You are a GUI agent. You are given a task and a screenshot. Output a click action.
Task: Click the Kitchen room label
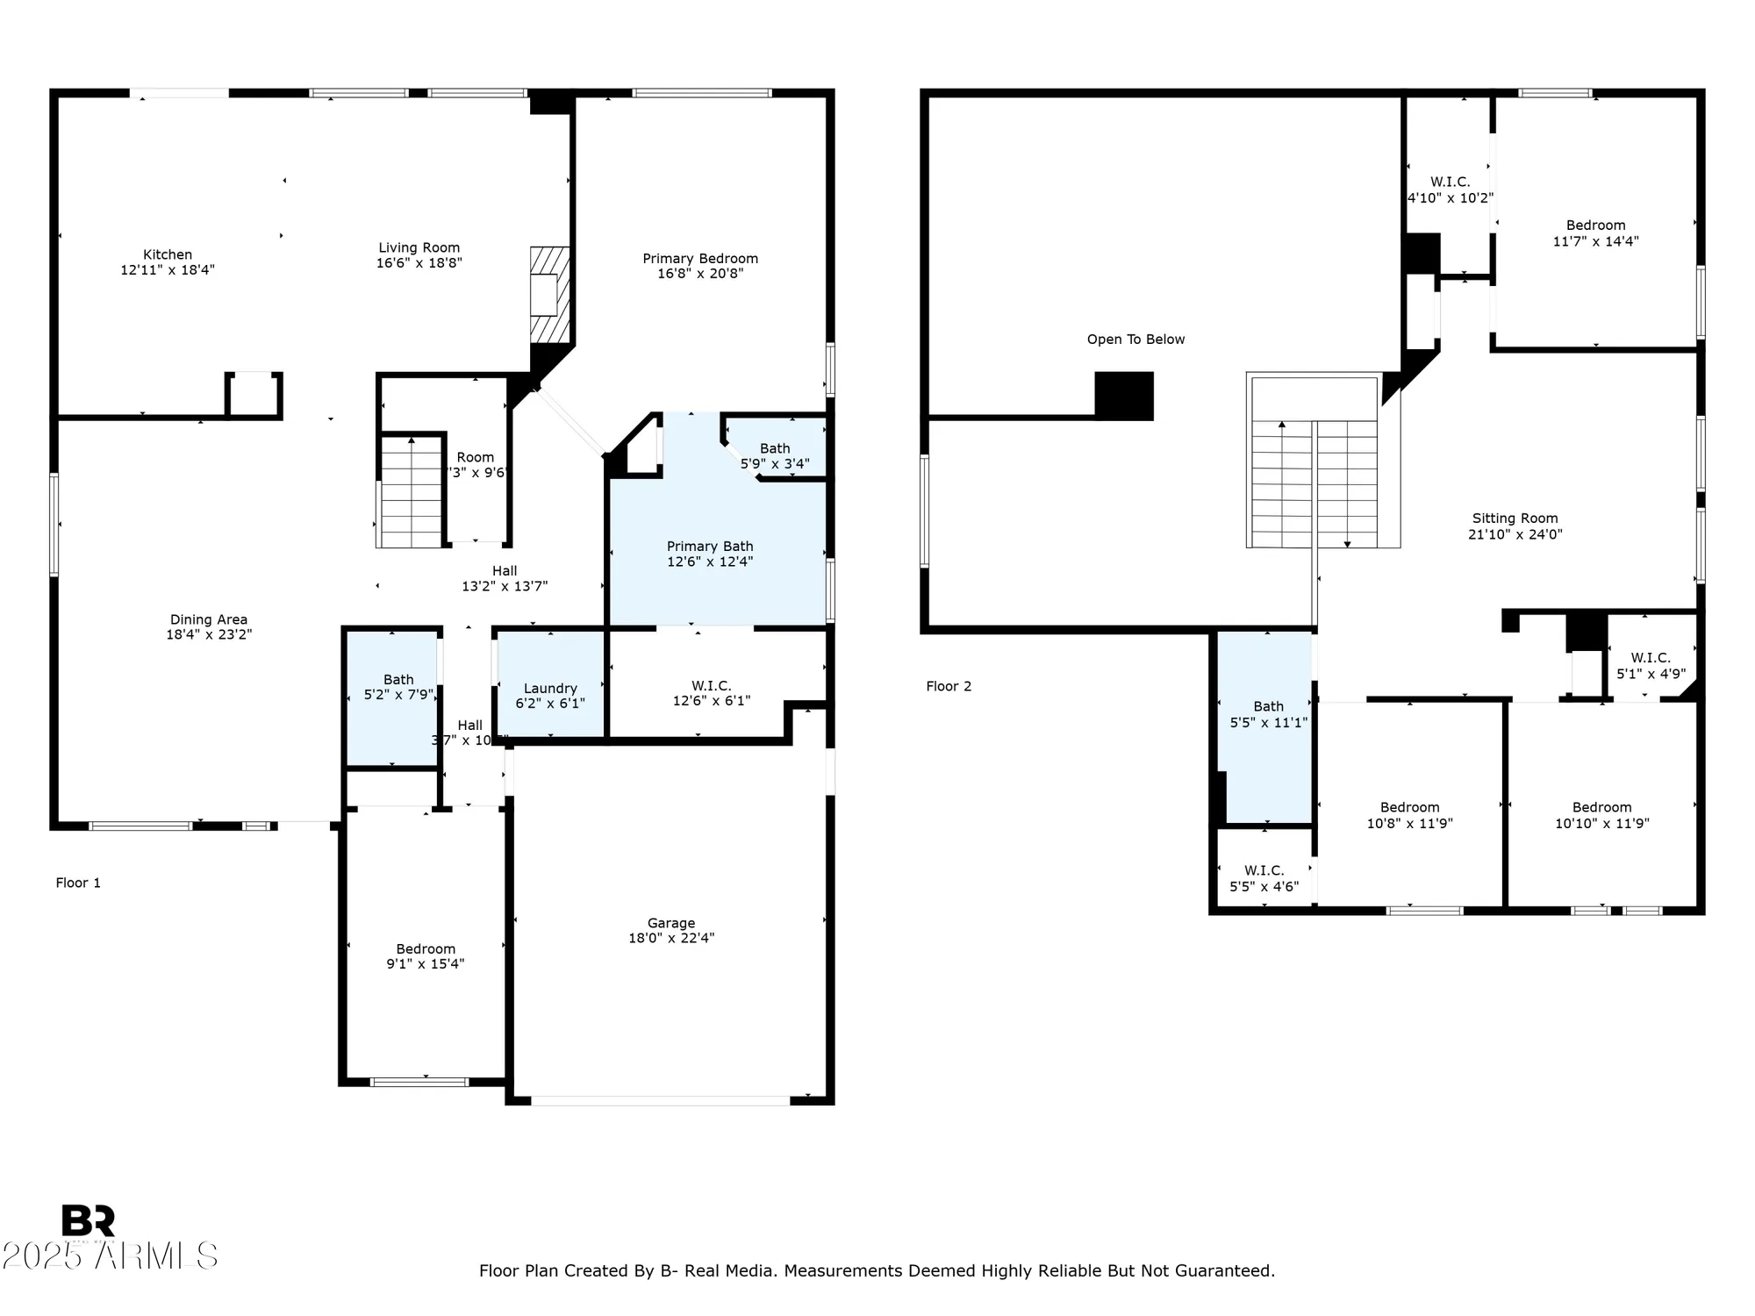click(x=168, y=254)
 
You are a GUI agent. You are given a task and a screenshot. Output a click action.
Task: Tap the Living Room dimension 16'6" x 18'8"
click(x=419, y=263)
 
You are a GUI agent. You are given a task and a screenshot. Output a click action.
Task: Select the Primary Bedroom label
click(x=699, y=258)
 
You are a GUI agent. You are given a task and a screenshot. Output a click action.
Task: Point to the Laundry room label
click(x=550, y=689)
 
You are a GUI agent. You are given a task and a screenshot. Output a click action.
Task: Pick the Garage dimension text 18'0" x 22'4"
click(x=671, y=938)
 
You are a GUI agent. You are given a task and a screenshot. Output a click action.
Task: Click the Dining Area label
click(x=208, y=619)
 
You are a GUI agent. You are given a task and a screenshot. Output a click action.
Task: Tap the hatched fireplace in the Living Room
click(x=549, y=295)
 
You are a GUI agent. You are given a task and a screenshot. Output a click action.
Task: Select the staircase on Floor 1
click(x=410, y=491)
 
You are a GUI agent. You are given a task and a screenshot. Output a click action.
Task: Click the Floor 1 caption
click(x=78, y=883)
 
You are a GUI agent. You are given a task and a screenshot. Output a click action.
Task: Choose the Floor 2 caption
click(x=949, y=686)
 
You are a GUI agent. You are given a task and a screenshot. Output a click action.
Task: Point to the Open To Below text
click(x=1135, y=340)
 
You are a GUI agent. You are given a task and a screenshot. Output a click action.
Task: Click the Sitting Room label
click(x=1515, y=519)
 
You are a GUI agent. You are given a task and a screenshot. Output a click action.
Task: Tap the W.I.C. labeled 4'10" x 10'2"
click(x=1450, y=190)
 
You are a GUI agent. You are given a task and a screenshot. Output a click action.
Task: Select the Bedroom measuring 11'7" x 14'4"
click(x=1595, y=232)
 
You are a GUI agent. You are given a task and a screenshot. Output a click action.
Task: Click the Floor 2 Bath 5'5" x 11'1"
click(x=1268, y=714)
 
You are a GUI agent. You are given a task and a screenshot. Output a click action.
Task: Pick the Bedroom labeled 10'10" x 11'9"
click(x=1601, y=815)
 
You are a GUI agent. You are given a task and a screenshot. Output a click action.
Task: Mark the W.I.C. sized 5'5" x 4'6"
click(x=1264, y=878)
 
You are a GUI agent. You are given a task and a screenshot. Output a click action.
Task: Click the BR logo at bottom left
click(x=88, y=1220)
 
